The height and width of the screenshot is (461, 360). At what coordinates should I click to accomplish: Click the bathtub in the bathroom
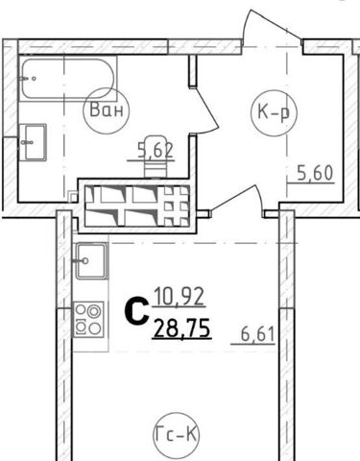(x=68, y=79)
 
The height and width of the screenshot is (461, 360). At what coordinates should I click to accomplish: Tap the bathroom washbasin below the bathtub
(x=34, y=142)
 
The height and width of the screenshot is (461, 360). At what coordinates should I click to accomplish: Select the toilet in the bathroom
(x=156, y=157)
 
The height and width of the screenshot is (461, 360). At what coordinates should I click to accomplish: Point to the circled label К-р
(x=274, y=112)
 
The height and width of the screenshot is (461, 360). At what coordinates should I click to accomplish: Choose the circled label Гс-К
(x=176, y=434)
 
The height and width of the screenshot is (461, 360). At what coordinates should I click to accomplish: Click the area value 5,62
(x=156, y=150)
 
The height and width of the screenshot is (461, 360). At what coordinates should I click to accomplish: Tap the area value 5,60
(x=315, y=173)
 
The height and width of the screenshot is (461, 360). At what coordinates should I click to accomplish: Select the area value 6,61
(x=257, y=335)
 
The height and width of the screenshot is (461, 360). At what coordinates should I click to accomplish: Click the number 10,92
(x=180, y=297)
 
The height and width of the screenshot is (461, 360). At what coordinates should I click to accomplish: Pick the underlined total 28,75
(x=182, y=328)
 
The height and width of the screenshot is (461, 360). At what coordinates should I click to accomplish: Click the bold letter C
(x=136, y=310)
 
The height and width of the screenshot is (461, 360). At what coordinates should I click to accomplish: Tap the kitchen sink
(x=91, y=261)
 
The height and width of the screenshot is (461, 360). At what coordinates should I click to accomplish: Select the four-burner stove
(x=89, y=320)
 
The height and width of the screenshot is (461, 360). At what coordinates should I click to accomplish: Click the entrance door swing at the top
(x=272, y=27)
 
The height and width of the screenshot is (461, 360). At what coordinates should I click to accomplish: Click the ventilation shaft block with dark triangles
(x=137, y=206)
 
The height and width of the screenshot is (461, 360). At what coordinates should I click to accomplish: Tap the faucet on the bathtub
(x=27, y=78)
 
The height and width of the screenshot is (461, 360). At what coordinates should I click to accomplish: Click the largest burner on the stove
(x=95, y=311)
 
